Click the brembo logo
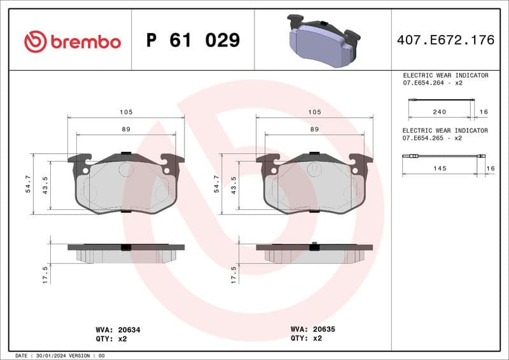point(72,41)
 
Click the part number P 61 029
point(193,41)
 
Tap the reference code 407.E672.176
point(445,41)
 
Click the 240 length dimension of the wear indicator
point(439,112)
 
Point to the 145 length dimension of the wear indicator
point(439,168)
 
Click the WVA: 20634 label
point(118,330)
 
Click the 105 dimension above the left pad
point(126,112)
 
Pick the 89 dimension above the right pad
point(314,129)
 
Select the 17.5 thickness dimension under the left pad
point(45,274)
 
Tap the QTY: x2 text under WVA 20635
point(306,338)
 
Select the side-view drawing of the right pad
point(314,253)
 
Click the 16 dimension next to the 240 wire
point(484,112)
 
